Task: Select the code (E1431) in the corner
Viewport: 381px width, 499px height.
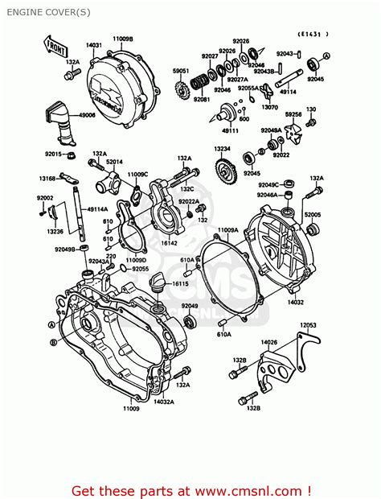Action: (x=314, y=34)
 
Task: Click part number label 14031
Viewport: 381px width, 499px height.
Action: (x=94, y=45)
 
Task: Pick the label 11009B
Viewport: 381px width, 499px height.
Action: (x=123, y=39)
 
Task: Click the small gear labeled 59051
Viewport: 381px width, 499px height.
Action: (x=181, y=89)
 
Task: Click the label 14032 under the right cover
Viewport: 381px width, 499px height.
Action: (x=295, y=302)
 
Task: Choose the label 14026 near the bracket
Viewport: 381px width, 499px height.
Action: (x=268, y=342)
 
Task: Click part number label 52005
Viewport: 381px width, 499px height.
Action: (x=312, y=215)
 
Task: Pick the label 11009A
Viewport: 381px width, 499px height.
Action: (x=230, y=230)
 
